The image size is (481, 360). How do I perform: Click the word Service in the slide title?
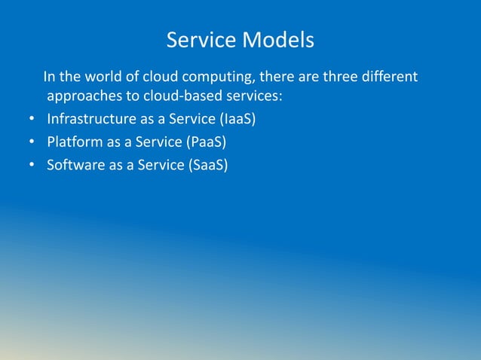coord(201,39)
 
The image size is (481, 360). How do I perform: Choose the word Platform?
coord(74,142)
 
